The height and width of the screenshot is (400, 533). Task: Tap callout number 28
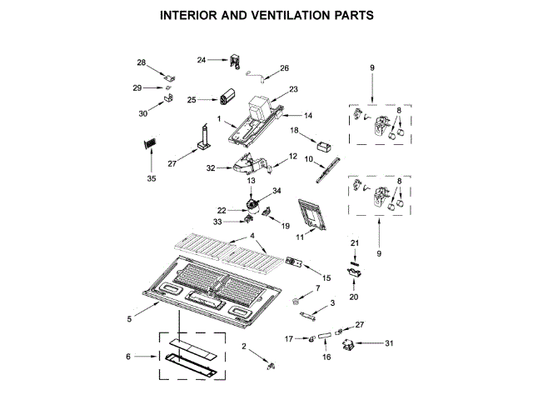coord(142,62)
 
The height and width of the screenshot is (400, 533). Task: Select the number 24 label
coord(202,59)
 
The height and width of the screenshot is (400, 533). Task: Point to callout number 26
coord(284,68)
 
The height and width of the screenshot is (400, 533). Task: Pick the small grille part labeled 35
coord(150,144)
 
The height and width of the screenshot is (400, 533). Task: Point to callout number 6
coord(128,357)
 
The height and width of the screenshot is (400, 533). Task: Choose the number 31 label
coord(388,342)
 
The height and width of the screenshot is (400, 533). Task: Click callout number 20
coord(353,296)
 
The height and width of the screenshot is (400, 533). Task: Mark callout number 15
coord(326,277)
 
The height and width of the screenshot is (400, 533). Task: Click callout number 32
coord(211,168)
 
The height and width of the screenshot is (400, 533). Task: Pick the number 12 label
coord(293,156)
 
